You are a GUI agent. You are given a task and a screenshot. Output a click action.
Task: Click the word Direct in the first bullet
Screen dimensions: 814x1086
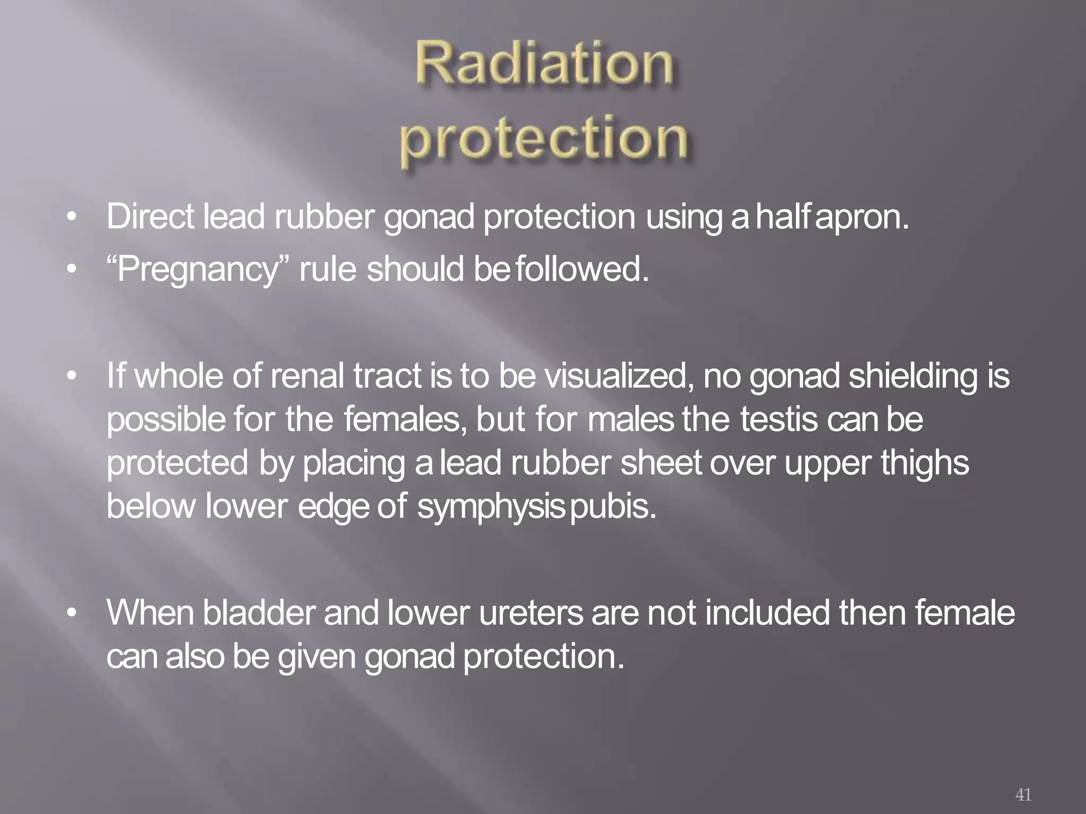tap(151, 217)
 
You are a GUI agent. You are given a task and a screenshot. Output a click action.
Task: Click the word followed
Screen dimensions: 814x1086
tap(582, 269)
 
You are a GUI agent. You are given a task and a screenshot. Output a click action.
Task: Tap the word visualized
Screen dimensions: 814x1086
tap(620, 376)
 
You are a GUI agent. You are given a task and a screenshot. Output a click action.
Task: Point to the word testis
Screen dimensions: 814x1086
tap(779, 420)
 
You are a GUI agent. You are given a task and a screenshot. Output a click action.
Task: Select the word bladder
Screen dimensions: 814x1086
tap(259, 613)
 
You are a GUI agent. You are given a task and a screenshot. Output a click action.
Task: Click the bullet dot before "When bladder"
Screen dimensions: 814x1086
tap(72, 614)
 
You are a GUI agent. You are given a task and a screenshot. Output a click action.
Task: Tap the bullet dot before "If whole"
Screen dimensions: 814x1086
tap(72, 377)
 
